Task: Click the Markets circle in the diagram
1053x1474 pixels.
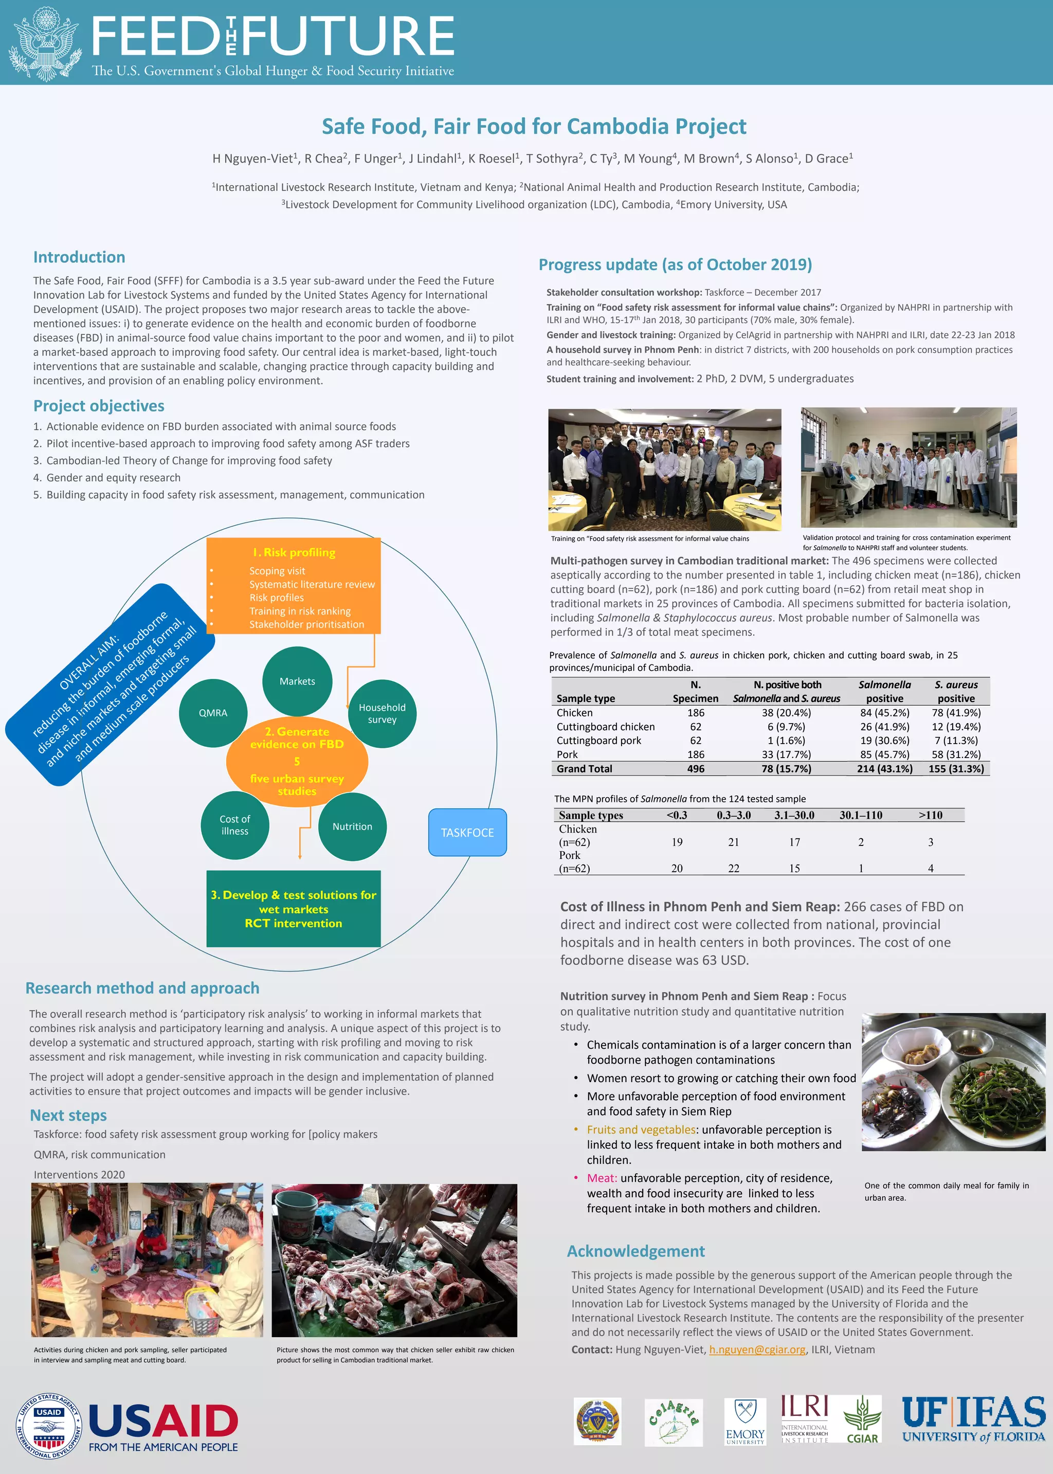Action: [297, 681]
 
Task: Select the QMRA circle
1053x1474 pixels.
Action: [213, 713]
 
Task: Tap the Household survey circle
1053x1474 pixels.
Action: [382, 713]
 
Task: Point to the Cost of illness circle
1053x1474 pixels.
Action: [235, 825]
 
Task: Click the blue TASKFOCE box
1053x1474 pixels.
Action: [467, 832]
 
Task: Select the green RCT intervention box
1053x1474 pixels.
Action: [293, 909]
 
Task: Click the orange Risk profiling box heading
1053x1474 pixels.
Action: [294, 552]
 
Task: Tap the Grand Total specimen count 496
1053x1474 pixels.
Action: [695, 768]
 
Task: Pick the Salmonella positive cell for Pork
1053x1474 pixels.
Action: [884, 754]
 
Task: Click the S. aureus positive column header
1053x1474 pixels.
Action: [956, 691]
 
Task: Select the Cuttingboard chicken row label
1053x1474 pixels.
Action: [605, 726]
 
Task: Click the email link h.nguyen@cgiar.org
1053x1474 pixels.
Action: [757, 1350]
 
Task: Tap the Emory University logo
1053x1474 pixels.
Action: [745, 1422]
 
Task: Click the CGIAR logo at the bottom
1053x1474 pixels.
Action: [862, 1420]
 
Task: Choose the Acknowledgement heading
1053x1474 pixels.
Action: [636, 1251]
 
